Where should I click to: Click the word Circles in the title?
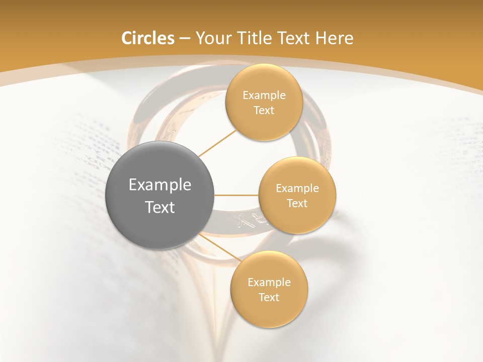click(147, 38)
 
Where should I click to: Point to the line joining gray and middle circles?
click(236, 195)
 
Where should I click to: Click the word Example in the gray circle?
click(160, 185)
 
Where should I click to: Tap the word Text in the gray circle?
click(160, 207)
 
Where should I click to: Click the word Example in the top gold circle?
click(264, 96)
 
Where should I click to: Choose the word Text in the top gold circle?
click(264, 111)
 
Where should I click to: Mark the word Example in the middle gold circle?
click(297, 189)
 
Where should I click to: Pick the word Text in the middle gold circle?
click(297, 204)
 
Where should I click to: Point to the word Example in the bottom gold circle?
click(269, 282)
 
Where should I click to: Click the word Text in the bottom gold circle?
click(269, 297)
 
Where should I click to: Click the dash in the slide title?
click(185, 39)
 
